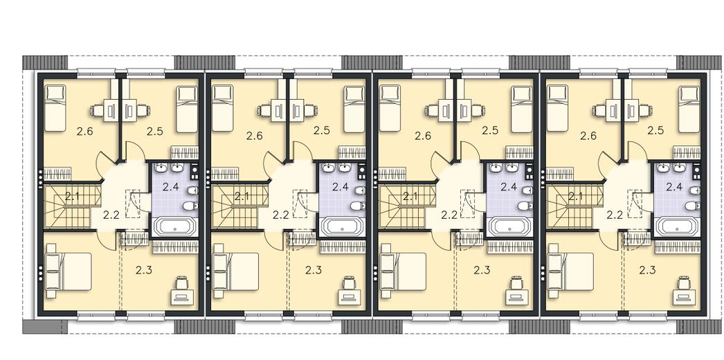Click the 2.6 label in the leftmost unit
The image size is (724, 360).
[x=85, y=132]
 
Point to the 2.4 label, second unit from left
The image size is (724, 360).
[x=340, y=187]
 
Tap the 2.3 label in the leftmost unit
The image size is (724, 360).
[x=144, y=271]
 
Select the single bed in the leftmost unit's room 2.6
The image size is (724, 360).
[x=56, y=109]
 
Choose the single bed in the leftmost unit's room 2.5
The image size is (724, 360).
[x=187, y=109]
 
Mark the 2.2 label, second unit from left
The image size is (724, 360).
[x=280, y=215]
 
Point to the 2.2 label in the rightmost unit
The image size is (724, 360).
[x=615, y=215]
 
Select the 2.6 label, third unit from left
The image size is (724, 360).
[x=423, y=136]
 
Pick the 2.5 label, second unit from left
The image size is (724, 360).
[x=321, y=131]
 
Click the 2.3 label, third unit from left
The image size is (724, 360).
[x=482, y=271]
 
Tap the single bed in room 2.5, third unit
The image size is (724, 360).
[x=522, y=109]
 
